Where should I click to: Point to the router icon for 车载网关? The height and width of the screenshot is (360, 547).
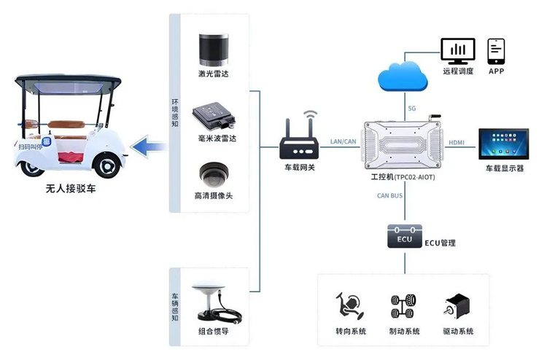[x=300, y=145]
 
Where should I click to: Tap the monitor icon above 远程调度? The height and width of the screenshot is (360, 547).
[x=458, y=50]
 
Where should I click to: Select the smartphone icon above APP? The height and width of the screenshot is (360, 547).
[x=497, y=50]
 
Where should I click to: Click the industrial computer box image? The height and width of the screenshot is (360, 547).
[x=403, y=141]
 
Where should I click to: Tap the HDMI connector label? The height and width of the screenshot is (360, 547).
[x=457, y=142]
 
